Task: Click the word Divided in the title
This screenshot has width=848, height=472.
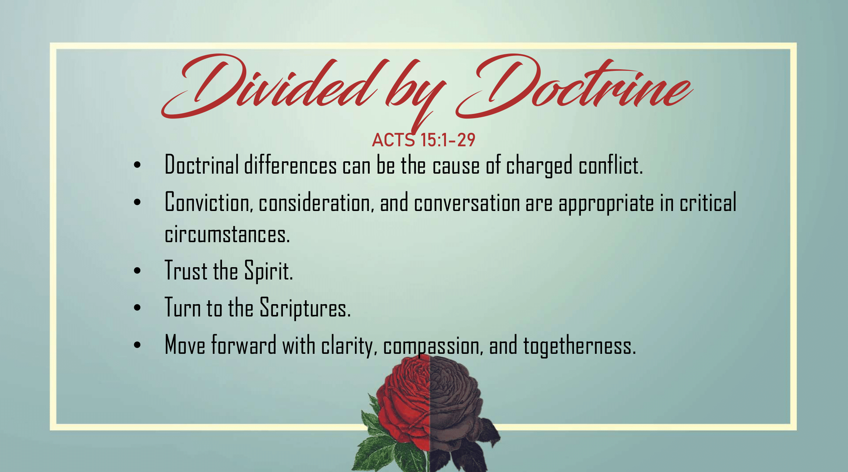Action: (x=270, y=87)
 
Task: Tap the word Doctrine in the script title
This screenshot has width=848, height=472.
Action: (x=574, y=87)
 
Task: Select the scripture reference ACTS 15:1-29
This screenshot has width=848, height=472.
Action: (x=424, y=140)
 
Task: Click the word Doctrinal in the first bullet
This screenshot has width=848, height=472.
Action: (x=202, y=165)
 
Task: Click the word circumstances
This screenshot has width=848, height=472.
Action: (x=227, y=234)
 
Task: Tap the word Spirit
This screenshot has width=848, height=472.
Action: (x=269, y=271)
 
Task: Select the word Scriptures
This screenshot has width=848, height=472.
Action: (x=305, y=308)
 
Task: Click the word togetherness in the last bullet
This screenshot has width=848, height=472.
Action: (x=579, y=345)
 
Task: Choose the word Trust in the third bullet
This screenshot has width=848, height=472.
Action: (x=186, y=270)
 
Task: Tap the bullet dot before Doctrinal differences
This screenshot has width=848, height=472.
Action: (x=137, y=165)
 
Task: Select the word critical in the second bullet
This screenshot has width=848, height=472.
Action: (x=708, y=202)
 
